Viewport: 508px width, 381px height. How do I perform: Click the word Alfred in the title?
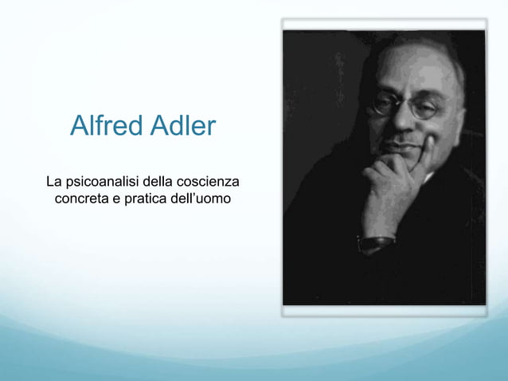(104, 126)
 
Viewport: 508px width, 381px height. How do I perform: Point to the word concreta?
(81, 198)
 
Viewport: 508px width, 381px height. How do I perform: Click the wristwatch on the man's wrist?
(376, 241)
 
